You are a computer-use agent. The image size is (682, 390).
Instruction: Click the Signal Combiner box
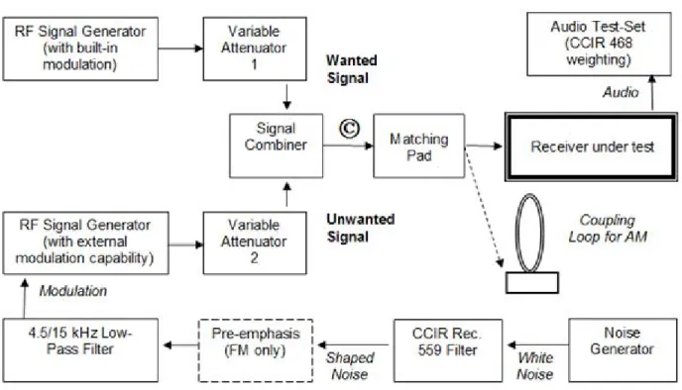pos(277,146)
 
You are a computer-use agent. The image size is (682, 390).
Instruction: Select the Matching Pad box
pos(419,146)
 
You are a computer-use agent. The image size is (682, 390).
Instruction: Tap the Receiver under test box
pos(591,146)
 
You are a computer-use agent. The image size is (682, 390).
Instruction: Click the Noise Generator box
pos(623,350)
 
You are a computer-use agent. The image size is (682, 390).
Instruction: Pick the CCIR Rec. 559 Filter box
pos(448,350)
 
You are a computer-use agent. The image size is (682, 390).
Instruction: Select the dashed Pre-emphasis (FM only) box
pos(256,350)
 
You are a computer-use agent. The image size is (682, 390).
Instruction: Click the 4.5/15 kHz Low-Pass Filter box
pos(80,350)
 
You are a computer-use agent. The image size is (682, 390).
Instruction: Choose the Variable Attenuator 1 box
pos(255,49)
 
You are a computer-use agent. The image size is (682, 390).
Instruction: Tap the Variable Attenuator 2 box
pos(255,243)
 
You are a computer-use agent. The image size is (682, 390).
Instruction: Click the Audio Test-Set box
pos(599,44)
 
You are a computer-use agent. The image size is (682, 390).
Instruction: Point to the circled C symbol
pos(350,129)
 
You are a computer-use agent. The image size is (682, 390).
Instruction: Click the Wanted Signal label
pos(352,69)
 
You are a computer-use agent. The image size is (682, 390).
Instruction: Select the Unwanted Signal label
pos(360,228)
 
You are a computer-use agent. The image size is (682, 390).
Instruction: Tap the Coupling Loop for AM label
pos(608,229)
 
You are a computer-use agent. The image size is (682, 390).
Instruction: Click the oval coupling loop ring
pos(516,233)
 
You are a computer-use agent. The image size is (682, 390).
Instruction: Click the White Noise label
pos(534,365)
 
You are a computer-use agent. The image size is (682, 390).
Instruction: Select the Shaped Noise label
pos(350,365)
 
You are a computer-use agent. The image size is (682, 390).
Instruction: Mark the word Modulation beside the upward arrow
pos(73,291)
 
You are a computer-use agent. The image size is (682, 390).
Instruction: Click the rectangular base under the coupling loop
pos(532,283)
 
